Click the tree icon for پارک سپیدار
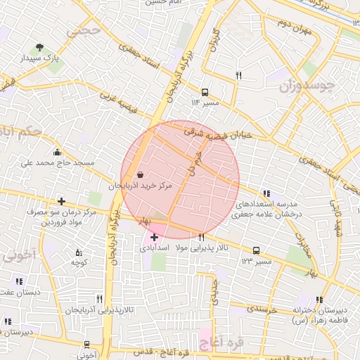[x=38, y=49]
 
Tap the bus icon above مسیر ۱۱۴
[x=205, y=92]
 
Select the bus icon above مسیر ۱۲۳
[x=256, y=250]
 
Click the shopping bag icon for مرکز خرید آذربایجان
[x=140, y=174]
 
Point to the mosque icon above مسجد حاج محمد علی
[x=57, y=152]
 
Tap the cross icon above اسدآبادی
[x=154, y=238]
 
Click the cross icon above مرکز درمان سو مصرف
[x=62, y=202]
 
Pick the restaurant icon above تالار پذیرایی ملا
[x=202, y=237]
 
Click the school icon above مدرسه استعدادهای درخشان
[x=266, y=193]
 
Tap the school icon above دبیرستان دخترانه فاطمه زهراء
[x=321, y=300]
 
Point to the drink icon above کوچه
[x=78, y=252]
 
